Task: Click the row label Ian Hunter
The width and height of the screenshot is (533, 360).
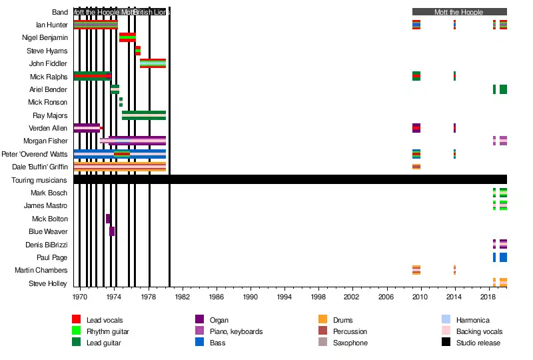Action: point(51,25)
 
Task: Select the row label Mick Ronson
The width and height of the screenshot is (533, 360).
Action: point(47,103)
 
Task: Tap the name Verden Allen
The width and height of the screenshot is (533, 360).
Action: point(48,128)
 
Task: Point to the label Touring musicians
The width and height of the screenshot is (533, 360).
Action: point(39,180)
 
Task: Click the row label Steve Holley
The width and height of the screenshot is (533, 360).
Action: point(48,283)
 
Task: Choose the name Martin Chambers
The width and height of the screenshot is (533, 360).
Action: point(41,270)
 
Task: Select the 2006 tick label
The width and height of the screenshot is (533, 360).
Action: point(386,296)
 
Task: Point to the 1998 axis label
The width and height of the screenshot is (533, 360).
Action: point(318,296)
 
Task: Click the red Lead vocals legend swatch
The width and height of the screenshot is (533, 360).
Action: point(76,320)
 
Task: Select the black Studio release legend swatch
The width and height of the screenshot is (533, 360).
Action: point(446,343)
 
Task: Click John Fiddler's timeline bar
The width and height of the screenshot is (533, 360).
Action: point(153,63)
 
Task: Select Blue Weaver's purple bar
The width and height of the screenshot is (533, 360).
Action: point(112,231)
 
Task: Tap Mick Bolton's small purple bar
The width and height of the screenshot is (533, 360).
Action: point(108,219)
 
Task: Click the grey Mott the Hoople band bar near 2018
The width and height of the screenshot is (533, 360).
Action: point(460,12)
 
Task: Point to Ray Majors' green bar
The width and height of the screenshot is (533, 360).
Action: point(144,115)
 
